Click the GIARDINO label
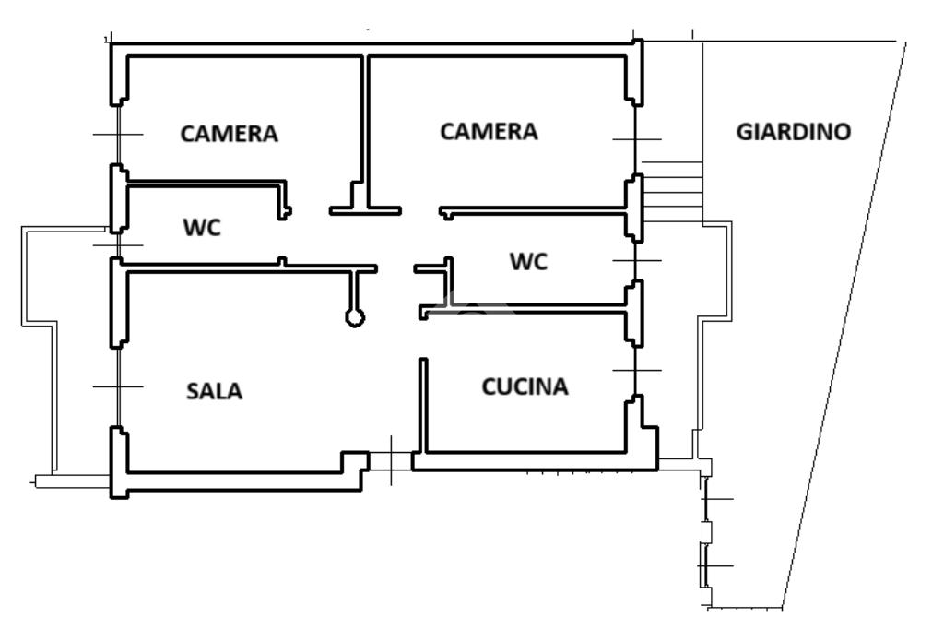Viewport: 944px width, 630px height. coord(794,131)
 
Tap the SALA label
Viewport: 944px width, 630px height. coord(214,391)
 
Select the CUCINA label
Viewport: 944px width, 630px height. coord(525,386)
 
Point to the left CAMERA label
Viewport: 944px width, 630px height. coord(229,133)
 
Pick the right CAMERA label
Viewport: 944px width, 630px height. coord(489,131)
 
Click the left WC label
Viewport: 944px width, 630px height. coord(202,227)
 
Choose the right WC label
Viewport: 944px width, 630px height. coord(528,261)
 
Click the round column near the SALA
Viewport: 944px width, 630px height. coord(355,317)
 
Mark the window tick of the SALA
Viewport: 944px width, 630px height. coord(118,386)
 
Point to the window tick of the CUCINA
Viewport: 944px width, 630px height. coord(636,371)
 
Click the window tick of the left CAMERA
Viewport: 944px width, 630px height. coord(118,135)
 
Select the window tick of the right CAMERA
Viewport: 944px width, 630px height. coord(636,139)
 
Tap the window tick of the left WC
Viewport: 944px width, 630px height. coord(118,245)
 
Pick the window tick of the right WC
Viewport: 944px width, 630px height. coord(636,260)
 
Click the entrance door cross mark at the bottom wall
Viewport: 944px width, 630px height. coord(391,461)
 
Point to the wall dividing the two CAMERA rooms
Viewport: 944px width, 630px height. coord(365,133)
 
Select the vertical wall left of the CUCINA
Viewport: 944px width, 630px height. coord(423,405)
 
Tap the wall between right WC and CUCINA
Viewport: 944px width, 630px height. coord(524,308)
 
